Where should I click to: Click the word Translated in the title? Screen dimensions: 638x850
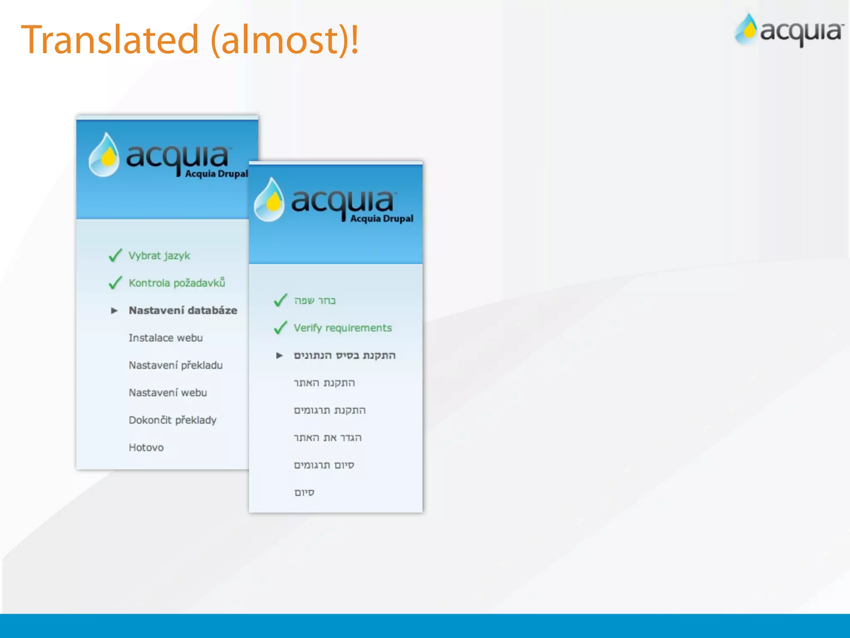(110, 40)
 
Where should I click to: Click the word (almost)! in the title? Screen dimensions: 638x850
(285, 40)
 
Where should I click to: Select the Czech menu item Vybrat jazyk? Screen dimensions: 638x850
(159, 255)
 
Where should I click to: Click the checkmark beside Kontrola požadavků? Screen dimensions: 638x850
(115, 283)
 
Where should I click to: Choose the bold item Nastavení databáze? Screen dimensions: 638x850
(183, 310)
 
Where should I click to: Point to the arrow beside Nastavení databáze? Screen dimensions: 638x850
(114, 310)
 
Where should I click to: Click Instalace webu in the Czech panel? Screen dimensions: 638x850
(166, 338)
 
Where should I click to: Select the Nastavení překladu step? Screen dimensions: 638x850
(176, 365)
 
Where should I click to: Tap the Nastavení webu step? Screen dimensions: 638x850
(168, 393)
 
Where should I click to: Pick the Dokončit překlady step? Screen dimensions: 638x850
(172, 420)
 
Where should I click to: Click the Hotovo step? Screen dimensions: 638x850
(146, 447)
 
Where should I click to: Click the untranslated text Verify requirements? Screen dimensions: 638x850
(342, 328)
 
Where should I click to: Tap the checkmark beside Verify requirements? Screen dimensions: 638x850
(281, 328)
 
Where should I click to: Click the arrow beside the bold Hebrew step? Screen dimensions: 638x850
(279, 355)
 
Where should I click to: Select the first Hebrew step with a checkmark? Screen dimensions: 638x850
(315, 300)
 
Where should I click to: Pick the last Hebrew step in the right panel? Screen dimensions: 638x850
(304, 492)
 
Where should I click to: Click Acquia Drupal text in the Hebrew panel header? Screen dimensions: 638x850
(381, 218)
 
